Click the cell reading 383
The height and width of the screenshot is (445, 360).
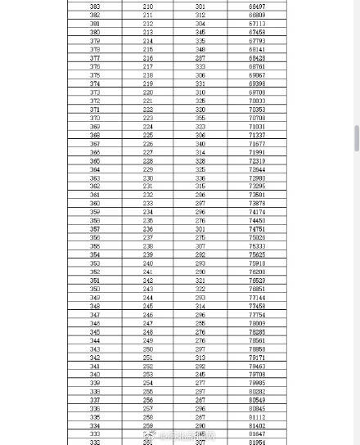(95, 7)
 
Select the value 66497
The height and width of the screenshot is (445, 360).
(257, 7)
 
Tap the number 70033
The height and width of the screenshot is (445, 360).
(257, 101)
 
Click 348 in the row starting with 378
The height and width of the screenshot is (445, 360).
(200, 49)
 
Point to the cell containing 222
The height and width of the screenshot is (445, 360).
(147, 110)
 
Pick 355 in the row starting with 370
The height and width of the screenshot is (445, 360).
(200, 118)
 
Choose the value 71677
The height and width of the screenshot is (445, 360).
(257, 144)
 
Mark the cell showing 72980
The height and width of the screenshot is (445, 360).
(257, 178)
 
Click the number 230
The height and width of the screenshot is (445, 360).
(147, 178)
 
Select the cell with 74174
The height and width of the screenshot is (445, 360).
(257, 212)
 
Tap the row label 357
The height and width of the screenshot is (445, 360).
(95, 229)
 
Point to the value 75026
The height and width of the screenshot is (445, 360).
(257, 238)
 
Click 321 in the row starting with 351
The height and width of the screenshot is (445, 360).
(200, 281)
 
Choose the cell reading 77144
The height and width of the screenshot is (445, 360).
(257, 298)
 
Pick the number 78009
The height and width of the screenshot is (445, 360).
(257, 324)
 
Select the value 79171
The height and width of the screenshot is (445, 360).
(257, 357)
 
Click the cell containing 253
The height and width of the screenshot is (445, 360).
(147, 375)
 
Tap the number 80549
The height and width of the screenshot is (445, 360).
(257, 401)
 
